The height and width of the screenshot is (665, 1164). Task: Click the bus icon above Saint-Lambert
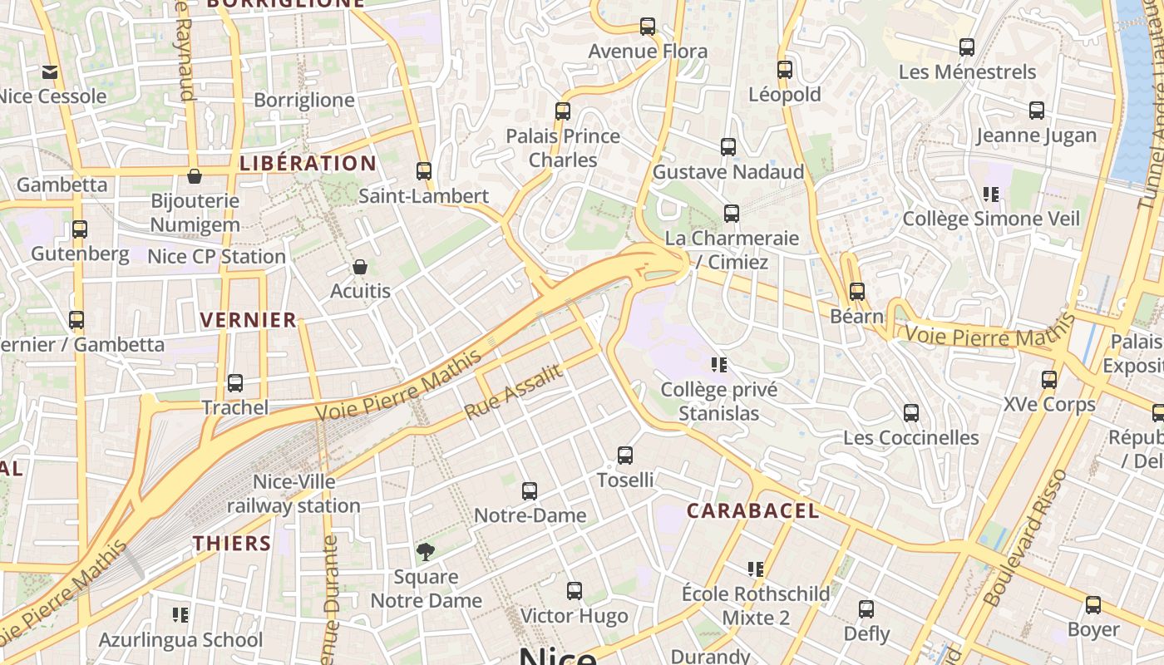click(x=424, y=171)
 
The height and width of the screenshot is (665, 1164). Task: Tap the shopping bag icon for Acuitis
click(x=360, y=267)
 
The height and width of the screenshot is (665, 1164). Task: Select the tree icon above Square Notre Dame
click(x=426, y=552)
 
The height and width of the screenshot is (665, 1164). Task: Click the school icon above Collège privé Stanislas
click(x=720, y=364)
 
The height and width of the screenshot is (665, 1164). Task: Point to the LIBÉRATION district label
click(x=308, y=164)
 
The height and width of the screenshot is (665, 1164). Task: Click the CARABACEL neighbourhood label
click(x=752, y=510)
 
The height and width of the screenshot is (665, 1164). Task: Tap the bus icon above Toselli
click(x=625, y=456)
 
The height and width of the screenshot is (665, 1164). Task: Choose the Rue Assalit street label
click(x=513, y=392)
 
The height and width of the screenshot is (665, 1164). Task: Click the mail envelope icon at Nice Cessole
click(x=51, y=72)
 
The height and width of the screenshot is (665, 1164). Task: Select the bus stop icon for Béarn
click(x=857, y=292)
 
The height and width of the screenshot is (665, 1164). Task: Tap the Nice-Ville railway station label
click(x=293, y=494)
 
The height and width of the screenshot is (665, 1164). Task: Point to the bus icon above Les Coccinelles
click(x=911, y=413)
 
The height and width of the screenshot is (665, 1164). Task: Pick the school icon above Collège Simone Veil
click(x=990, y=195)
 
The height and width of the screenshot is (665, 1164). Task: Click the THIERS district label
click(x=233, y=544)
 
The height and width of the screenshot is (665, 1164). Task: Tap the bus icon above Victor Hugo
click(x=575, y=591)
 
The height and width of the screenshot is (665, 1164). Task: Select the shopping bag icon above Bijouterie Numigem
click(x=195, y=176)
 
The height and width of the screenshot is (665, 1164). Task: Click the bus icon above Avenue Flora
click(x=648, y=27)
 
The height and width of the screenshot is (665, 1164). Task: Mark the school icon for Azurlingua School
click(x=180, y=615)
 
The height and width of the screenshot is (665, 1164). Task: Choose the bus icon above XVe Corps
click(x=1049, y=380)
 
